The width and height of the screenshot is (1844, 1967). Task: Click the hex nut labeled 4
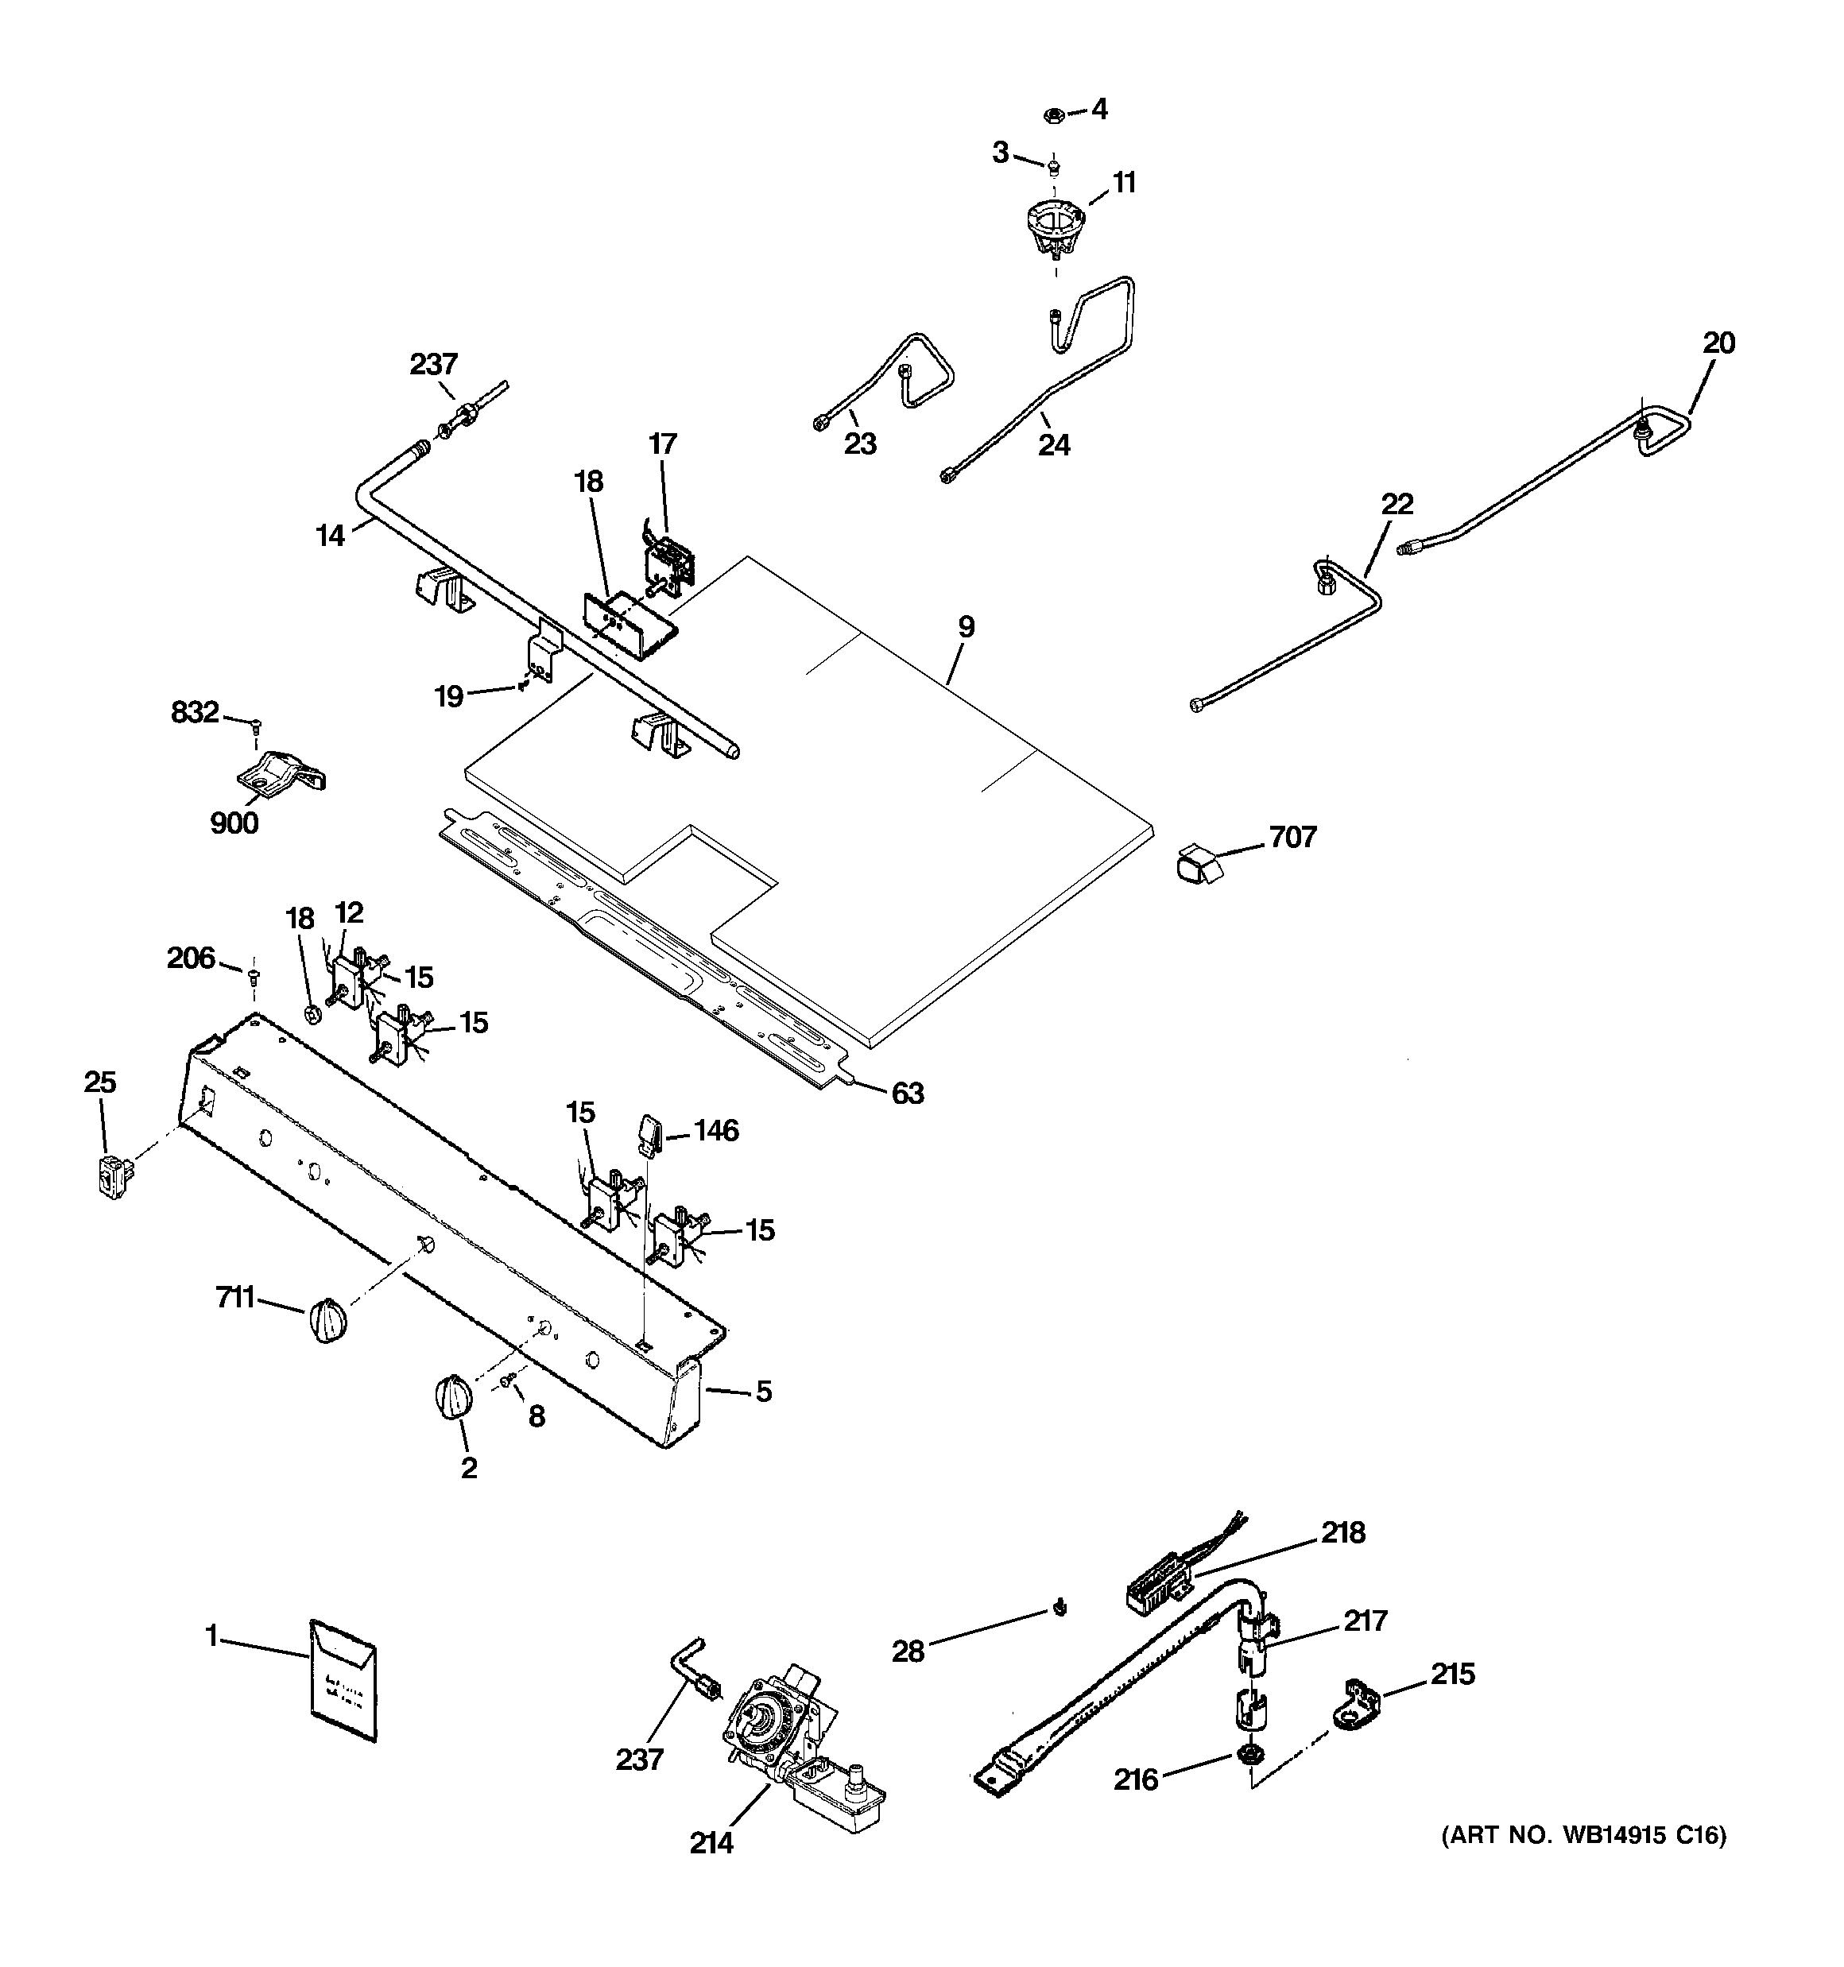pyautogui.click(x=1054, y=114)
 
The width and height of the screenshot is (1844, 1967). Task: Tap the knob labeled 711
pyautogui.click(x=327, y=1320)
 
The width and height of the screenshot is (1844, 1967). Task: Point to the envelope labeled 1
pyautogui.click(x=343, y=1679)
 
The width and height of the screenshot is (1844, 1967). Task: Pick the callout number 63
pyautogui.click(x=907, y=1094)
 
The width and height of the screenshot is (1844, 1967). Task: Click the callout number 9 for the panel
pyautogui.click(x=966, y=626)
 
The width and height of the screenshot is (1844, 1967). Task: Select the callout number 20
pyautogui.click(x=1718, y=343)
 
